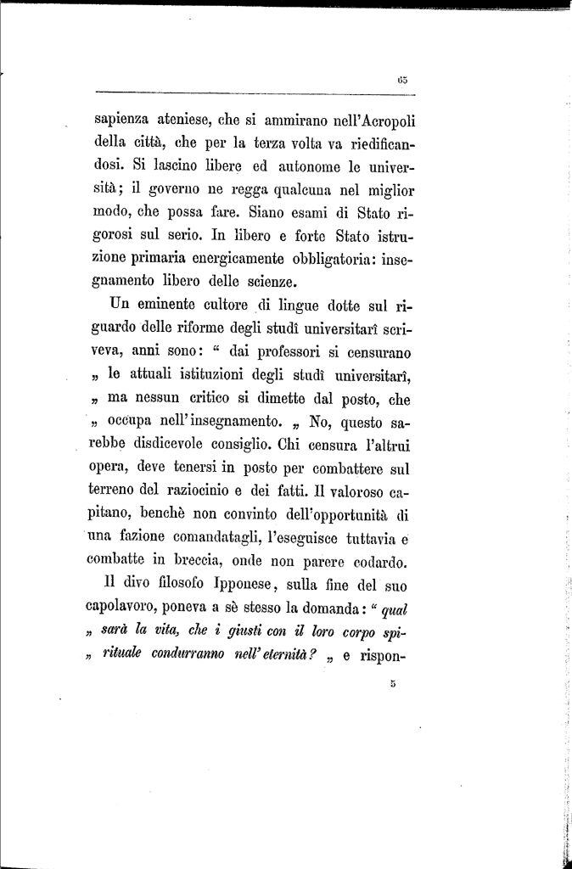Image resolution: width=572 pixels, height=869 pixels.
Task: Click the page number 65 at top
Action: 402,80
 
